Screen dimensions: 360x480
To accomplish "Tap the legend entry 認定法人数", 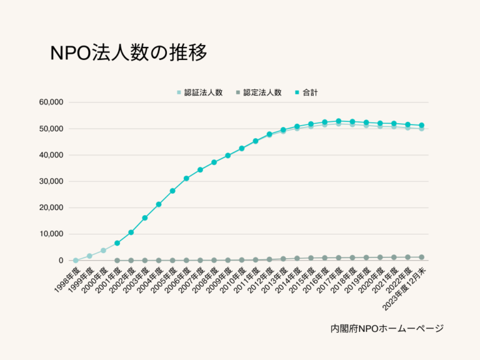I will tap(257, 92).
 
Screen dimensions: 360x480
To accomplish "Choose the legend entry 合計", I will tap(306, 92).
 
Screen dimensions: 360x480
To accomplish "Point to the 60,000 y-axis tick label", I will tap(51, 102).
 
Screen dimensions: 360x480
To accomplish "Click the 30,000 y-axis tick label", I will tap(51, 181).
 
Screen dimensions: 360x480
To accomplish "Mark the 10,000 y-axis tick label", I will tap(51, 234).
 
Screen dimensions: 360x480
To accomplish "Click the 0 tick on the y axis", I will tap(61, 261).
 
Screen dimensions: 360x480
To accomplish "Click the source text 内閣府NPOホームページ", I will tap(387, 328).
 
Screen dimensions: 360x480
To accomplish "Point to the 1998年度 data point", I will tap(76, 260).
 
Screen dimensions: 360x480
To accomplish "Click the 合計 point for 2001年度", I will tap(117, 243).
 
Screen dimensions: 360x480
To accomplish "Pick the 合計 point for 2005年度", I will tap(172, 191).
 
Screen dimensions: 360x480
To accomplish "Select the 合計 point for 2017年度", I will tap(338, 121).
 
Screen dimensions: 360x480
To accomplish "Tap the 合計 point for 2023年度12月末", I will tap(421, 126).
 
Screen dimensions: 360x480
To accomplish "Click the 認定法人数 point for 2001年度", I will tap(117, 261).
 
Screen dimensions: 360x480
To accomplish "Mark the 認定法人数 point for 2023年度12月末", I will tap(421, 257).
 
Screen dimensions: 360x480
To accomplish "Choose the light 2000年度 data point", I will tap(103, 251).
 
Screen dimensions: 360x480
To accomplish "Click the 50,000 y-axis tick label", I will tap(51, 129).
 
